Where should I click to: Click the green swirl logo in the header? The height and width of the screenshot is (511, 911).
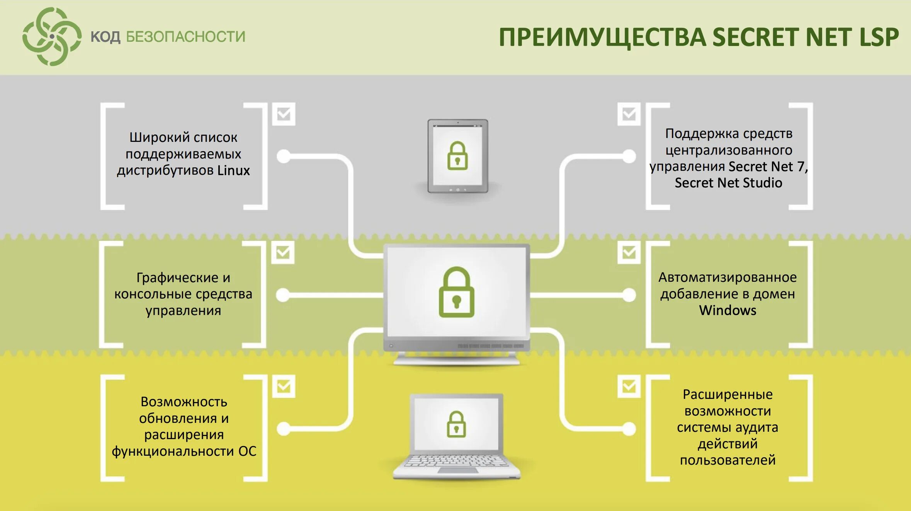[52, 37]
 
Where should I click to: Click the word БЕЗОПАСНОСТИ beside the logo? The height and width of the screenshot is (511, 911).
[185, 37]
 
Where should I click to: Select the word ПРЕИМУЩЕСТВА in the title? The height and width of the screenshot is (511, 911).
[602, 37]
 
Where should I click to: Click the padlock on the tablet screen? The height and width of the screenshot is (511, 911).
[457, 156]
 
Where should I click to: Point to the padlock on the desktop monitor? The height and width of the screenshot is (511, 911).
[456, 293]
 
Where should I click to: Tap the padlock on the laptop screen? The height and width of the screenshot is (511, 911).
[456, 424]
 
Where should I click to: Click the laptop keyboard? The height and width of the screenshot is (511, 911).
[457, 461]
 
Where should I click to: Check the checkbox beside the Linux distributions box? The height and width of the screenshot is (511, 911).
[284, 114]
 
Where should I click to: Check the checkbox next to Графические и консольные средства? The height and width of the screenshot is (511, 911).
[283, 252]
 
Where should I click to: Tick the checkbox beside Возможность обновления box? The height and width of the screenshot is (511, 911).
[284, 386]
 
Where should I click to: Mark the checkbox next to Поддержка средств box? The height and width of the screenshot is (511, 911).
[629, 114]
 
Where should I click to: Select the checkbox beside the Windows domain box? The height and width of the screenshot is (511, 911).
[629, 252]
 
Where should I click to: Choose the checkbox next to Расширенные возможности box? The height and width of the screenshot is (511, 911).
[629, 386]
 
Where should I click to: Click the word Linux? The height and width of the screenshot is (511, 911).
[233, 170]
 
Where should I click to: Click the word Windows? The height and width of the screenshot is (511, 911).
[727, 310]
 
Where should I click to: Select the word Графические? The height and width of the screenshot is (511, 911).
[177, 278]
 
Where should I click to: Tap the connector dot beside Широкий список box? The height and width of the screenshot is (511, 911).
[284, 156]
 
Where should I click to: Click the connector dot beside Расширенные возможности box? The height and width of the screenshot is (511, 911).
[629, 428]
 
